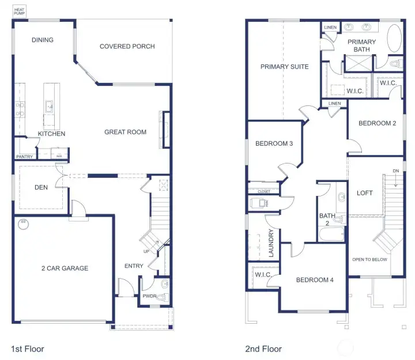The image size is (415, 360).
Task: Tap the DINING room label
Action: click(x=43, y=40)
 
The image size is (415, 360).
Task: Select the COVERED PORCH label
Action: click(x=127, y=47)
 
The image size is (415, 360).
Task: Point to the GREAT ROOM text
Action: click(x=125, y=132)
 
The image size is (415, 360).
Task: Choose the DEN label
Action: click(x=41, y=187)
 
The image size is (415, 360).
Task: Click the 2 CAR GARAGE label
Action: click(x=65, y=268)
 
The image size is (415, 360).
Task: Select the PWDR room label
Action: click(x=150, y=297)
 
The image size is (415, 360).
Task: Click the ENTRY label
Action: click(x=134, y=266)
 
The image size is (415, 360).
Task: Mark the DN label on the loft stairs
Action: click(x=395, y=171)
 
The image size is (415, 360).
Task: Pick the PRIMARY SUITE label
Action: click(x=284, y=67)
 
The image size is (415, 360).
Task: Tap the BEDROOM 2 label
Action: click(x=377, y=123)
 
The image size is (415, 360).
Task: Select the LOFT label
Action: click(x=365, y=194)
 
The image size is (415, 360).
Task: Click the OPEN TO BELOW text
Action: click(x=370, y=259)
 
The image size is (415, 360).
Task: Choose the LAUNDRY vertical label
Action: click(x=270, y=243)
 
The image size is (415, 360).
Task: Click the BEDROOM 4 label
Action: click(x=315, y=281)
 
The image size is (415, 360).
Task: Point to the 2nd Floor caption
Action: click(x=263, y=348)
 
